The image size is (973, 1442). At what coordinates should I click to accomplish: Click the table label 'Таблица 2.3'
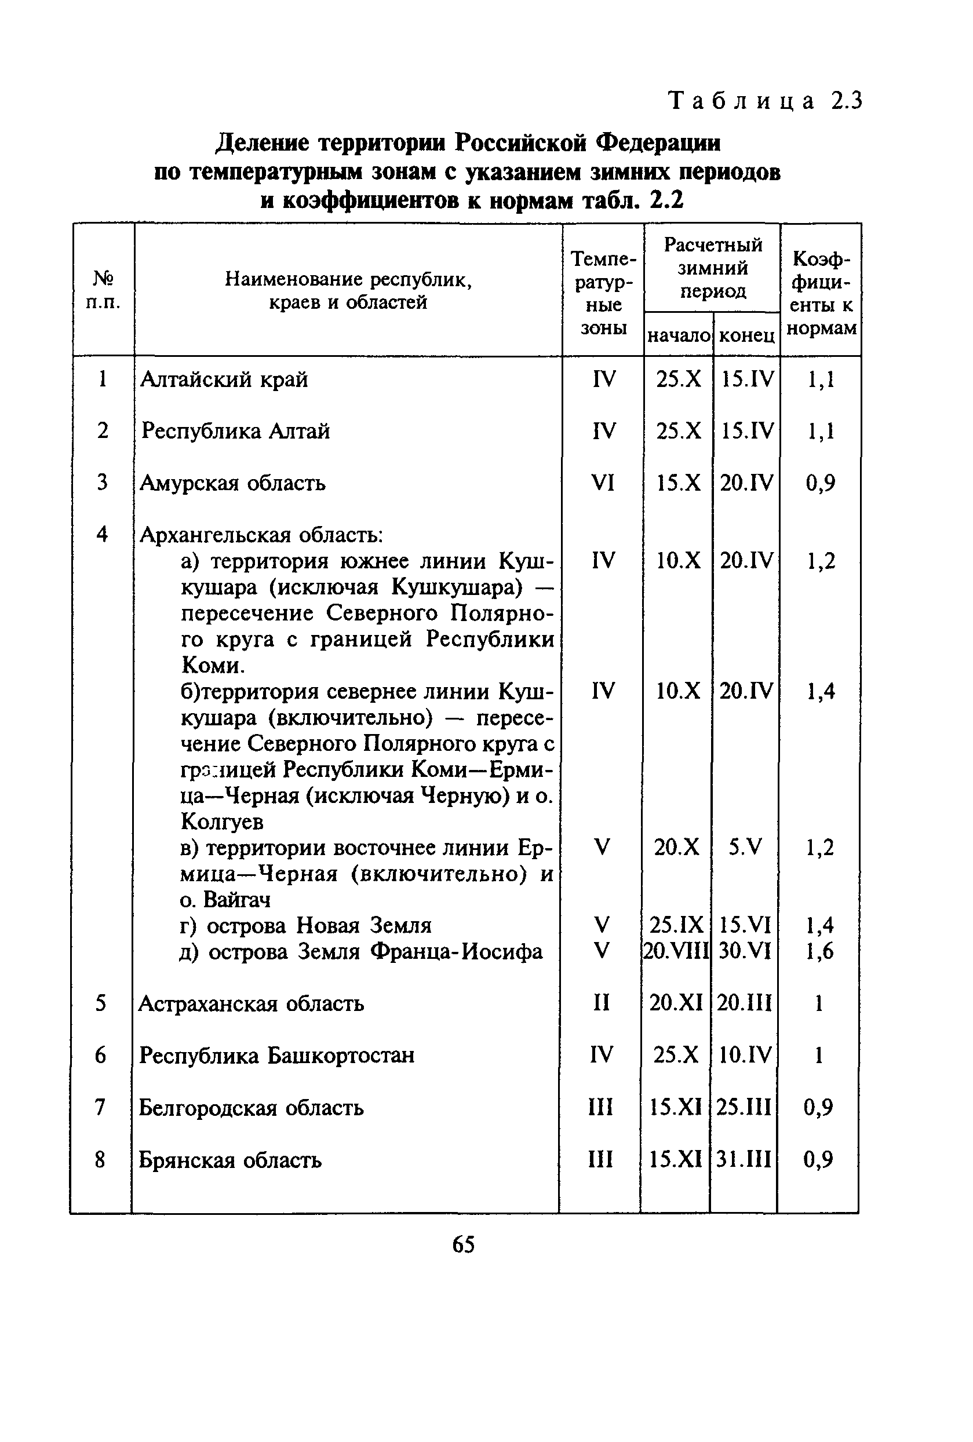pos(764,100)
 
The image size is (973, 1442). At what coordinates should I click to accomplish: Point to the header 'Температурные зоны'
pos(603,293)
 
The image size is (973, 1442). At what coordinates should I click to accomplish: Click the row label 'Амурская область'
pos(233,483)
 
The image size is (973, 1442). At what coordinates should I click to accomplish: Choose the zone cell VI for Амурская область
pos(603,483)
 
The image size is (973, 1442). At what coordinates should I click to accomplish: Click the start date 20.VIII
pos(676,951)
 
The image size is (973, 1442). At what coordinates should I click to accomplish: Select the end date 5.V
pos(745,846)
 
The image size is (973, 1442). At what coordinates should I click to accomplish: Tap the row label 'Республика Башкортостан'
pos(276,1055)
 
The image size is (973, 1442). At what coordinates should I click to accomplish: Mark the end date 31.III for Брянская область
pos(744,1159)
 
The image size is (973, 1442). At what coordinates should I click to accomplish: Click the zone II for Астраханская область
pos(602,1003)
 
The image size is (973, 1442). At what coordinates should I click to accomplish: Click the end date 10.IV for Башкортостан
pos(745,1055)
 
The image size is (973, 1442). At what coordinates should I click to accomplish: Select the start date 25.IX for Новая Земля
pos(676,925)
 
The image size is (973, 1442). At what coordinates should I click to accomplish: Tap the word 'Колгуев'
pos(222,821)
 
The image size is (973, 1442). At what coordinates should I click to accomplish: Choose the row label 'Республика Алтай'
pos(235,430)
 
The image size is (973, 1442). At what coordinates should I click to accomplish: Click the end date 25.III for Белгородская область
pos(744,1107)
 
